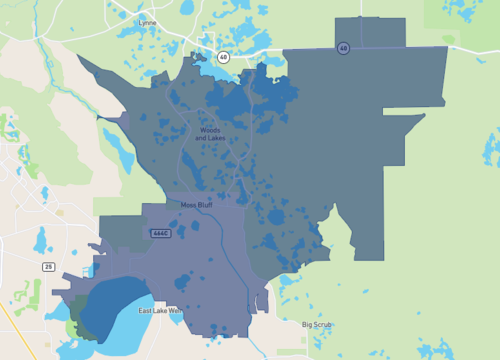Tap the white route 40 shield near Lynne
click(x=223, y=57)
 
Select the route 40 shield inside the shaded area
click(x=343, y=47)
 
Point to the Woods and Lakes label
click(x=209, y=134)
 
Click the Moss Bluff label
click(x=195, y=205)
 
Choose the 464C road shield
click(x=160, y=233)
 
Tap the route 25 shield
click(x=48, y=266)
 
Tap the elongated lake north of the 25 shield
click(x=42, y=241)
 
